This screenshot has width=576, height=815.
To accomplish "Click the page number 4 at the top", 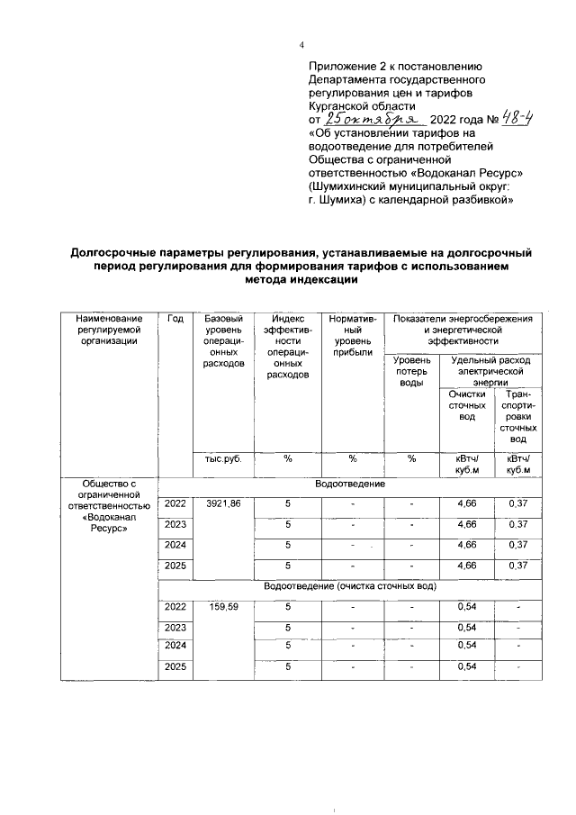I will coord(302,47).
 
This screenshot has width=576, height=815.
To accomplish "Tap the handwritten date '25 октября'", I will coord(372,119).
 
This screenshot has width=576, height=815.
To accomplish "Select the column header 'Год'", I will coord(175,320).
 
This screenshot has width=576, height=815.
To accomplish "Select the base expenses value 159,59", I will coord(223,607).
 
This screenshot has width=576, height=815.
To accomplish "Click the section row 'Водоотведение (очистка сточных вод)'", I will coord(350,586).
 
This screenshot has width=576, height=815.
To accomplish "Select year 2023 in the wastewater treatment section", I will coord(175,628).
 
